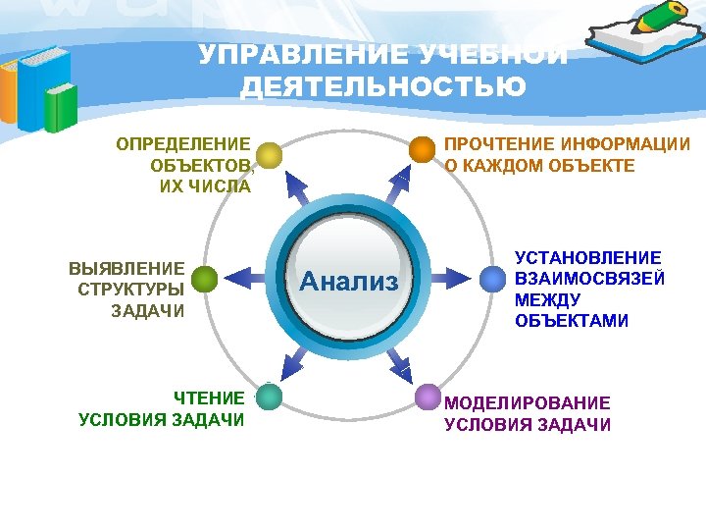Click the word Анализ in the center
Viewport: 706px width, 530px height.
coord(349,283)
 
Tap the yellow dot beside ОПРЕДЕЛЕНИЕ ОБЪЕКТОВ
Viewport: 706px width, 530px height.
coord(268,154)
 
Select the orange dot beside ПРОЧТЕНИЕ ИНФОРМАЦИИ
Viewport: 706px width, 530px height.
coord(422,149)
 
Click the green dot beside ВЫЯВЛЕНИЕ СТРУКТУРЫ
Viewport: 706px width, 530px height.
coord(204,280)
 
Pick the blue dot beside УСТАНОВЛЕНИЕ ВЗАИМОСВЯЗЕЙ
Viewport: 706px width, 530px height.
coord(492,278)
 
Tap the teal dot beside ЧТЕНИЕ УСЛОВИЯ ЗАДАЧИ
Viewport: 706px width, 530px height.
coord(268,397)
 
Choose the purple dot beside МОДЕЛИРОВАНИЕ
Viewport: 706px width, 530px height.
coord(428,397)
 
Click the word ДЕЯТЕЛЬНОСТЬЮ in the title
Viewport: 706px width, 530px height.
coord(383,87)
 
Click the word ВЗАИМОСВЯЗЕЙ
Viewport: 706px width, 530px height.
coord(589,278)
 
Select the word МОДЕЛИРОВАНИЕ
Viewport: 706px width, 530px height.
coord(528,402)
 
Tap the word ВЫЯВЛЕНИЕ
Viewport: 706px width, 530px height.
coord(126,267)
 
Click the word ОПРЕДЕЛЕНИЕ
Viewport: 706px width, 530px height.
coord(183,144)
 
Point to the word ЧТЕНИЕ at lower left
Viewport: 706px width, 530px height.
coord(209,397)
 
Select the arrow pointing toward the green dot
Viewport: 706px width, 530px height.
coord(245,280)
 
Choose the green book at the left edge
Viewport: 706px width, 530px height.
coord(61,107)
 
